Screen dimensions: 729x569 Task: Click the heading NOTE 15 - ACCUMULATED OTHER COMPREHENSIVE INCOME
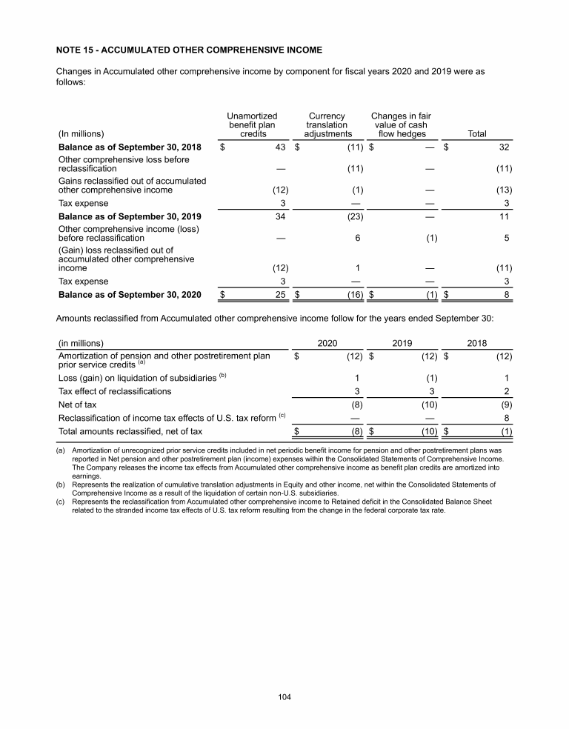click(x=189, y=50)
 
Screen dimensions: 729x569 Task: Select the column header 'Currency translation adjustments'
click(x=327, y=125)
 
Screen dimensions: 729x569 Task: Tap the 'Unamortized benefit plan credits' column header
click(x=252, y=125)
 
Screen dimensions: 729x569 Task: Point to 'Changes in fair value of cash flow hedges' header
click(x=401, y=125)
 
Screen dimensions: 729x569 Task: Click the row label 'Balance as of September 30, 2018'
click(x=130, y=147)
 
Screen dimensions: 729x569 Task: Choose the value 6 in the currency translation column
click(x=357, y=239)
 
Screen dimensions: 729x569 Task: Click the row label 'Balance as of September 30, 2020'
click(x=130, y=295)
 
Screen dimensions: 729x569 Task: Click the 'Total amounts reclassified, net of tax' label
click(x=130, y=431)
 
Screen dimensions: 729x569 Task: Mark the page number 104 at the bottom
click(x=284, y=697)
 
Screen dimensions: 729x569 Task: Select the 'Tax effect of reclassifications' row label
click(x=115, y=391)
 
